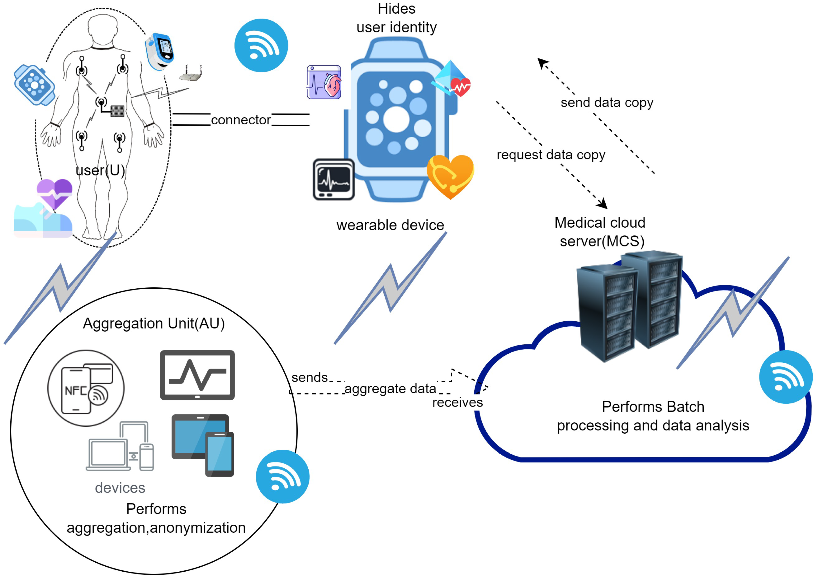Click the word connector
241,120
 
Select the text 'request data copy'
551,155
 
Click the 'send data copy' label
606,103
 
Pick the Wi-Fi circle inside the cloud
785,377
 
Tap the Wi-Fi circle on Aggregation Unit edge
282,476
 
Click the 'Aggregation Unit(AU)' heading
154,323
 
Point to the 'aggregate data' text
390,388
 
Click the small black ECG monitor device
334,180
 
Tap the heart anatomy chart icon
324,82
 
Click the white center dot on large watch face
396,120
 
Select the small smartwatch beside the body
34,85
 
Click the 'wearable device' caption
390,225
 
